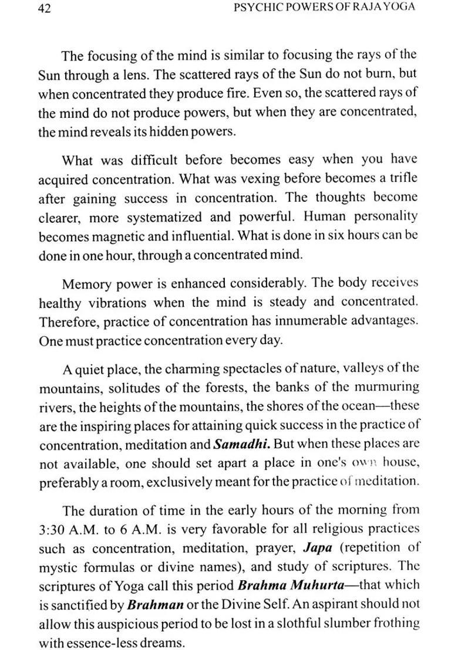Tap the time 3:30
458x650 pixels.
[54, 529]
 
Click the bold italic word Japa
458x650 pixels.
[318, 548]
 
